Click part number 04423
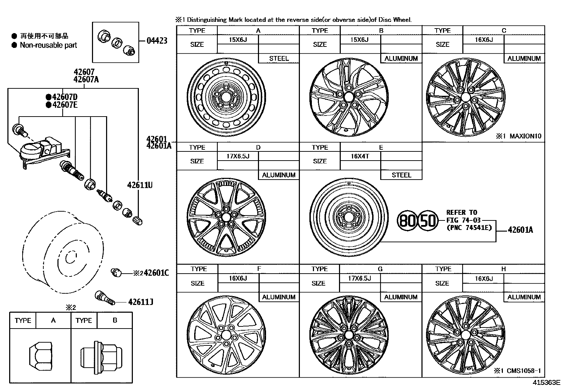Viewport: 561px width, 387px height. pyautogui.click(x=157, y=40)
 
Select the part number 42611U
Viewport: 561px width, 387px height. pyautogui.click(x=140, y=185)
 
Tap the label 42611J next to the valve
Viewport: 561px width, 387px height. pyautogui.click(x=141, y=302)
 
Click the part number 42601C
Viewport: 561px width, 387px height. pyautogui.click(x=156, y=273)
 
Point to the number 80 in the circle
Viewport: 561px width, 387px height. pyautogui.click(x=407, y=221)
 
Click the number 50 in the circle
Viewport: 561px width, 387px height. pyautogui.click(x=428, y=221)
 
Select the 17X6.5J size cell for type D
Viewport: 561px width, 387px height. pyautogui.click(x=238, y=156)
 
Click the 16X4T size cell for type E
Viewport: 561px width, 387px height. pyautogui.click(x=360, y=156)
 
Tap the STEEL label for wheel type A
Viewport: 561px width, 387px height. pyautogui.click(x=279, y=58)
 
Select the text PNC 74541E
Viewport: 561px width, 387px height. pyautogui.click(x=469, y=227)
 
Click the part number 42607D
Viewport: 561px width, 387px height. pyautogui.click(x=64, y=97)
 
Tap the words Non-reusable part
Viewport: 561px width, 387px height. pyautogui.click(x=48, y=45)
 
